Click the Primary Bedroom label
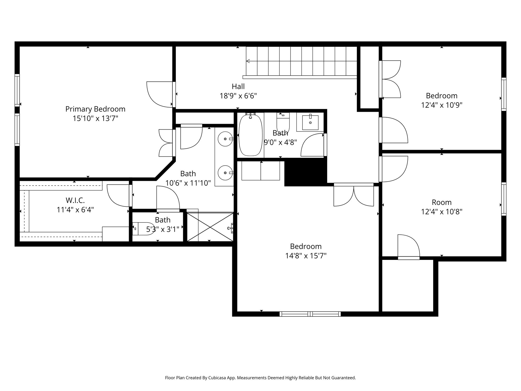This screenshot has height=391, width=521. click(x=95, y=109)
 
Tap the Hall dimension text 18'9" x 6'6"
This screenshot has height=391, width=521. click(x=238, y=96)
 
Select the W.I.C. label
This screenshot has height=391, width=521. click(x=75, y=200)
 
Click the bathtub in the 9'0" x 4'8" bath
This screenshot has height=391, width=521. click(x=250, y=135)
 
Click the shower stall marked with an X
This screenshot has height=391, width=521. click(x=210, y=227)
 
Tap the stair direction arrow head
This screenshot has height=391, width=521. click(x=248, y=61)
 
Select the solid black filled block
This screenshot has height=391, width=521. click(x=305, y=172)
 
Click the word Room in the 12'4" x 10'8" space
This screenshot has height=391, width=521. click(x=442, y=202)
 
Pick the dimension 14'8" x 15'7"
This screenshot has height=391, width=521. click(x=306, y=256)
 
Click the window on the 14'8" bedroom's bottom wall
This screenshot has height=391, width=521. click(x=310, y=314)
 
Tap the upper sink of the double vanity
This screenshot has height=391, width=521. click(x=225, y=139)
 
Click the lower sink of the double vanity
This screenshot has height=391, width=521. click(x=225, y=173)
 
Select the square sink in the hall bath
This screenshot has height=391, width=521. click(x=310, y=123)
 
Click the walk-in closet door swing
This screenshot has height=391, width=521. click(x=118, y=195)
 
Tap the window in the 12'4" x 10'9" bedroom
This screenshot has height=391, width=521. click(x=503, y=94)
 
